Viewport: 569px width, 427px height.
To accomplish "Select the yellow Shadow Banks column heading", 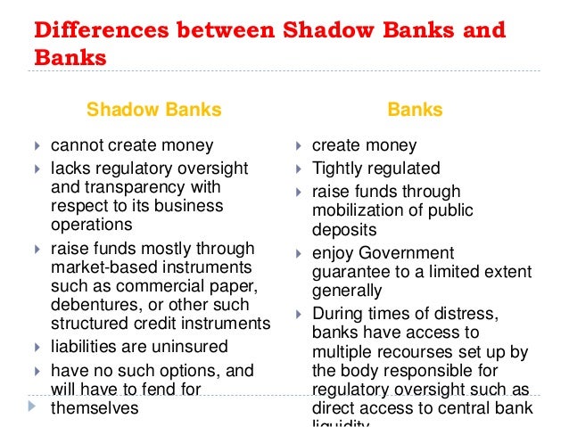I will coord(153,111).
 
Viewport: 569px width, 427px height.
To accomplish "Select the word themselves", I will coord(95,407).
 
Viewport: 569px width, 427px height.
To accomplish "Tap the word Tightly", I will coord(338,168).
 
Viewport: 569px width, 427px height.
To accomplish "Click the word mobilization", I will coord(358,210).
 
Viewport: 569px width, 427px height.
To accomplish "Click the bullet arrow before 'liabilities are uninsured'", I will coord(36,347).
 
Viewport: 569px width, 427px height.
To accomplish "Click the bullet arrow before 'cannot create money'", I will coord(36,145).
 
